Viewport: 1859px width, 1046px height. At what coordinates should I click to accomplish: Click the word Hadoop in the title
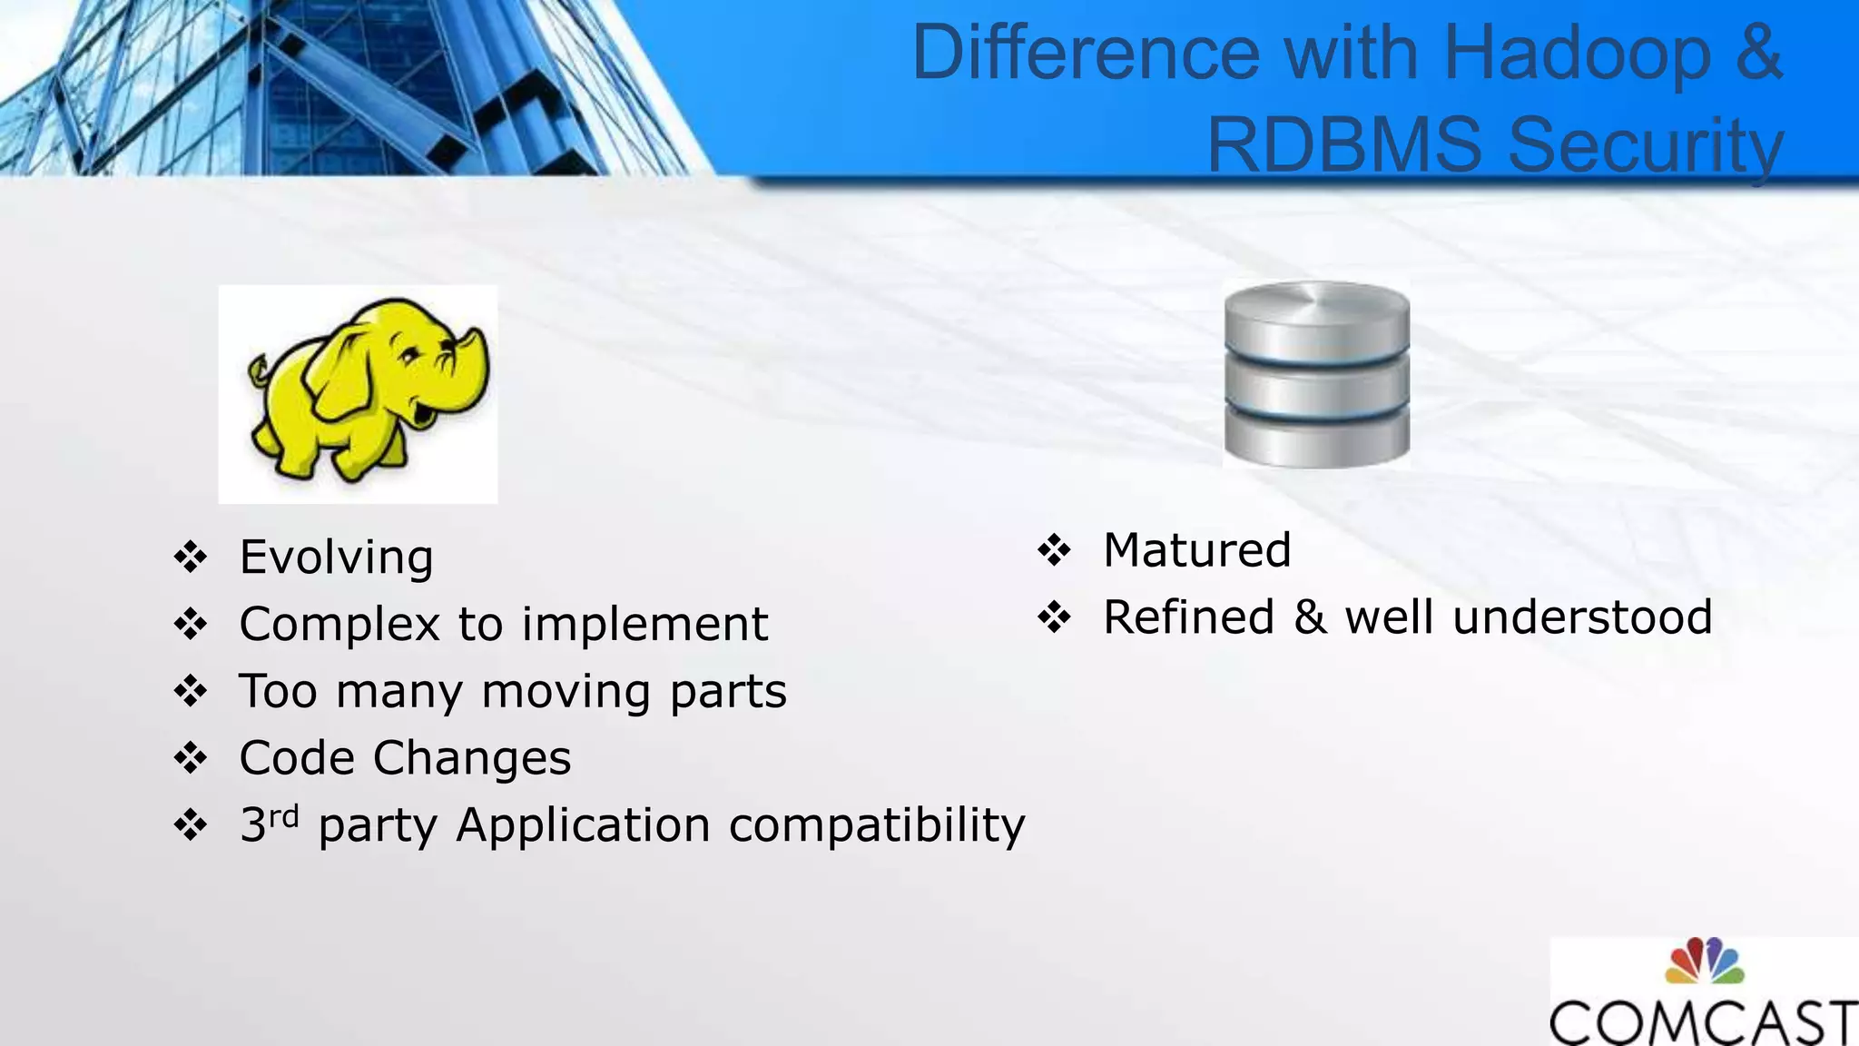[1576, 54]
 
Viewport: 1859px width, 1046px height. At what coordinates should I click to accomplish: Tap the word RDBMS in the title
[1345, 145]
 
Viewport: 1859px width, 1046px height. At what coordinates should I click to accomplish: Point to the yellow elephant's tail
[259, 370]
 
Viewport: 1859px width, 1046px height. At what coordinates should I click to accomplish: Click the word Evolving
[336, 558]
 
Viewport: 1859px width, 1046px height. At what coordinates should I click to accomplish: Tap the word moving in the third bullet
[566, 692]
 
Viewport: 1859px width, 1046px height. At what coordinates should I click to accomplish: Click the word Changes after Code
[472, 759]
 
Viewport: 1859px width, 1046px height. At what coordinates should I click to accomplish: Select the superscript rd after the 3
[284, 815]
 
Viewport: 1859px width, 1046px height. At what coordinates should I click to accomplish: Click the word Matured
[1196, 550]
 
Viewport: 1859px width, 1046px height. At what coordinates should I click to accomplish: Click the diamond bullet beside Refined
[1055, 617]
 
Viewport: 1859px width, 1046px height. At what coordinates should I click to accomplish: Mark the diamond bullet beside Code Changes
[191, 758]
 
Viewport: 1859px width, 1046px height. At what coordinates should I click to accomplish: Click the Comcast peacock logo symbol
[1704, 961]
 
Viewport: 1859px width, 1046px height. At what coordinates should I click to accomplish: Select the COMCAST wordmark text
[1704, 1022]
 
